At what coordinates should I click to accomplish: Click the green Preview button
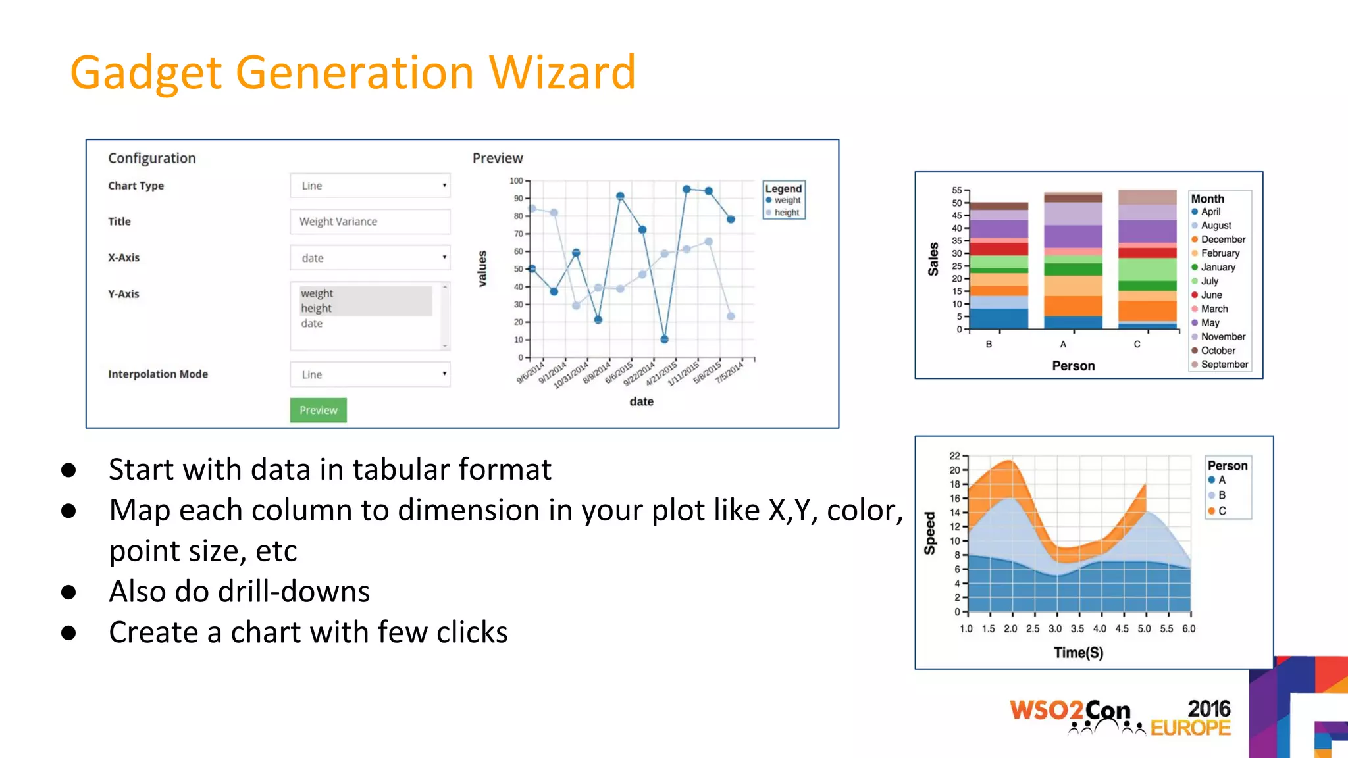pos(318,410)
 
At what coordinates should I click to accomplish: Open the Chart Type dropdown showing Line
pos(370,186)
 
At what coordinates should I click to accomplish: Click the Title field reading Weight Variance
pos(370,222)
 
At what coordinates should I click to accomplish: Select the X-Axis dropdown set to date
pos(370,258)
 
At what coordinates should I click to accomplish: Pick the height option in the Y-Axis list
pos(317,308)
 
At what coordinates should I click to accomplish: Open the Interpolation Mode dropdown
pos(370,374)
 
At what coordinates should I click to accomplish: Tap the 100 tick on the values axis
pos(517,181)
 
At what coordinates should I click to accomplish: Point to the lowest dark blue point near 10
pos(664,340)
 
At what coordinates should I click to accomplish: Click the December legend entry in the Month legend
pos(1222,240)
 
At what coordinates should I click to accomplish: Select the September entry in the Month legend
pos(1224,365)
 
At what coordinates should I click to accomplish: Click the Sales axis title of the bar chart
pos(933,259)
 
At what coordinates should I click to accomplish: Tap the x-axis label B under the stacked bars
pos(989,344)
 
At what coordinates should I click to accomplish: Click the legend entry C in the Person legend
pos(1222,511)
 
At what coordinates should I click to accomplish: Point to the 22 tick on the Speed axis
pos(955,456)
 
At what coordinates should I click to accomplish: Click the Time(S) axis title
pos(1078,653)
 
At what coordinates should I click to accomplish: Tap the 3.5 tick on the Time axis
pos(1077,629)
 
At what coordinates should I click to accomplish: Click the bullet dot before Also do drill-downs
pos(68,592)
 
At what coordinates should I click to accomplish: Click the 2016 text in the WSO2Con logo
pos(1208,709)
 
